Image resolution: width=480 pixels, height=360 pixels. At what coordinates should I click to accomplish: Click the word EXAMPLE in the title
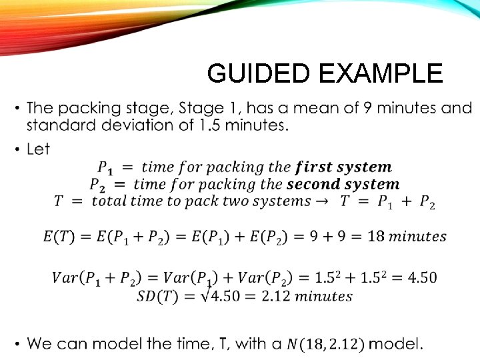pyautogui.click(x=381, y=73)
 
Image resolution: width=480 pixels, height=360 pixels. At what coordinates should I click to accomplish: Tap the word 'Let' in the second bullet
pyautogui.click(x=39, y=149)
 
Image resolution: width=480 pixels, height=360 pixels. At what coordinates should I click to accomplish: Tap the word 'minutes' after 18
pyautogui.click(x=417, y=236)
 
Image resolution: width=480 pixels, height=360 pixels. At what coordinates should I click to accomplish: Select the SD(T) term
pyautogui.click(x=157, y=295)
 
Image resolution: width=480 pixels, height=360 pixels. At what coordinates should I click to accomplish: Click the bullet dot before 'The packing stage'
pyautogui.click(x=16, y=108)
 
